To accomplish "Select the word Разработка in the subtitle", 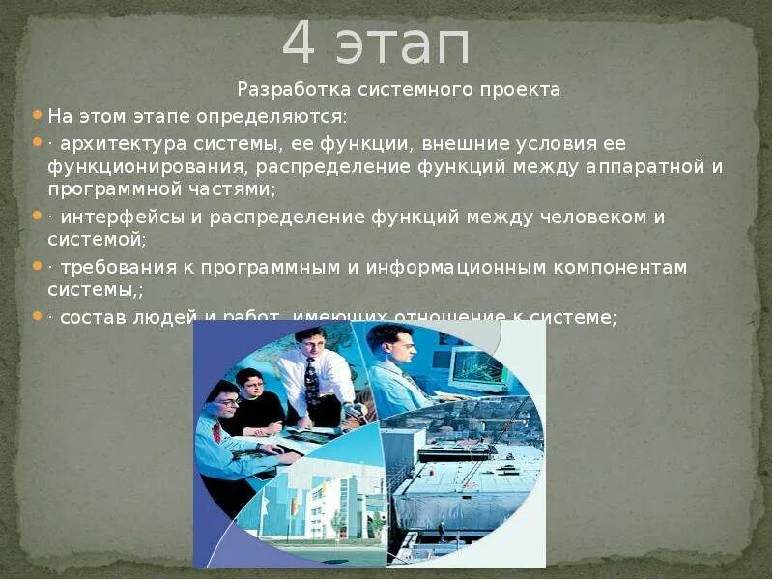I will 285,90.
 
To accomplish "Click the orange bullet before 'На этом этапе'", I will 37,115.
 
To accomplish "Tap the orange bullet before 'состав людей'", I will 37,315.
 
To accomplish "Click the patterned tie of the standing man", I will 311,381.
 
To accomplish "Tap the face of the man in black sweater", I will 249,384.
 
